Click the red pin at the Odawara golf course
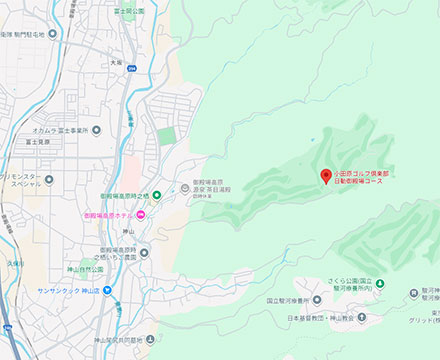tap(325, 177)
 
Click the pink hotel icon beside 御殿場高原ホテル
tap(141, 215)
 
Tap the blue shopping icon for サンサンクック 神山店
tap(107, 292)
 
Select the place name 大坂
tap(116, 63)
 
